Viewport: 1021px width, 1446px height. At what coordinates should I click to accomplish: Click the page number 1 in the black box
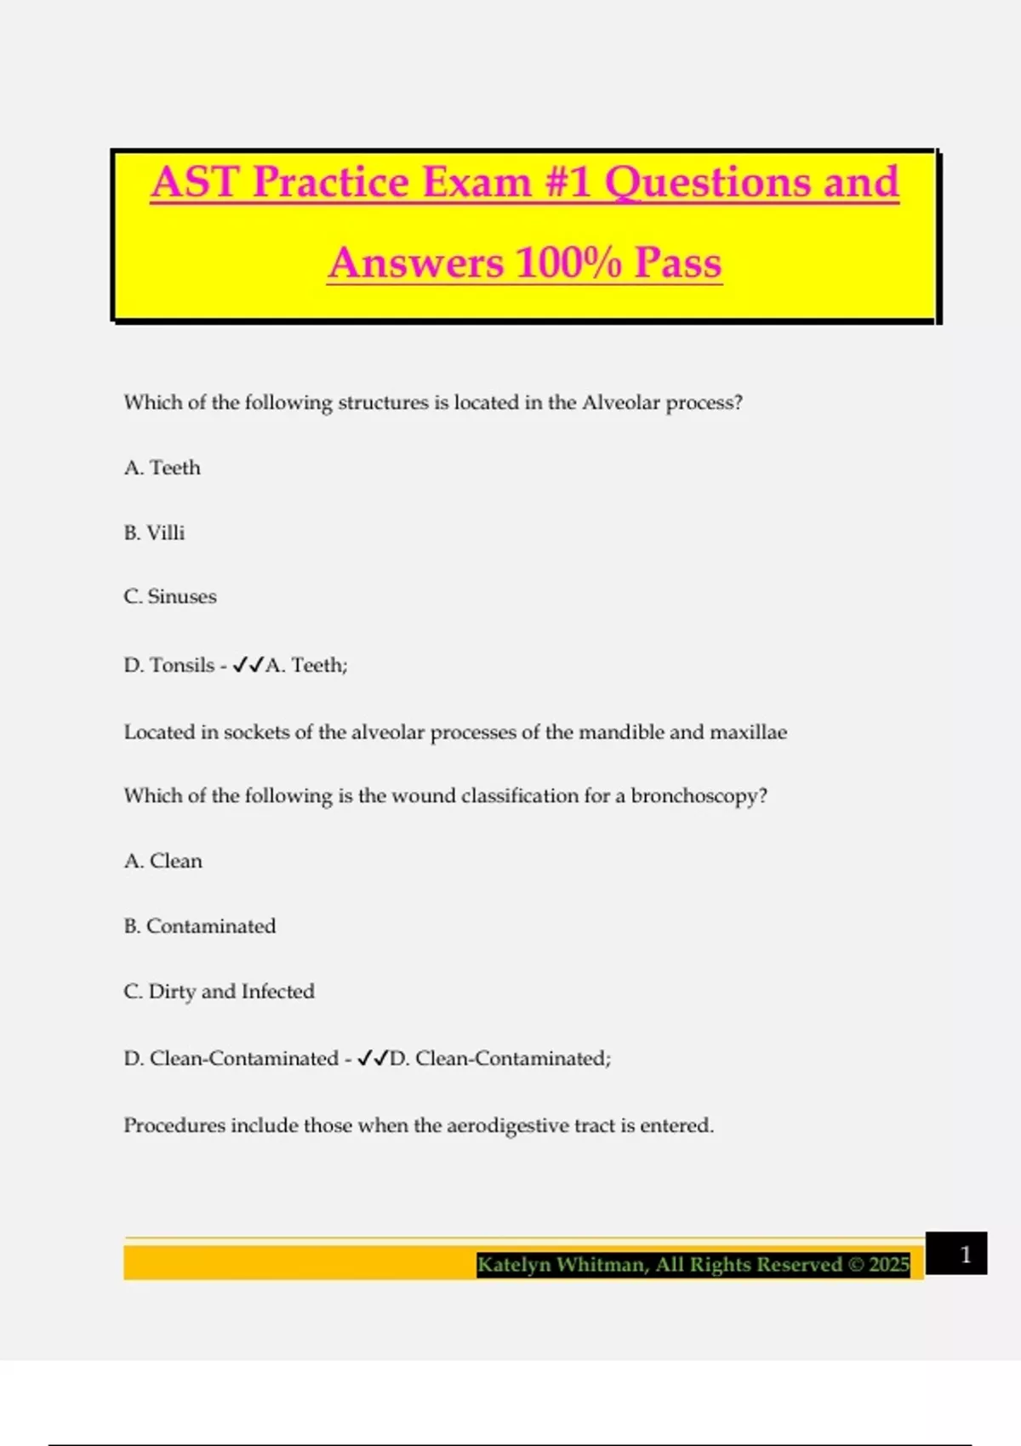[965, 1255]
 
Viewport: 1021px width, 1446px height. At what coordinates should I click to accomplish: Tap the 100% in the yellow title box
[568, 262]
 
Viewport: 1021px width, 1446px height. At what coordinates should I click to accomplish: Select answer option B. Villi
[154, 532]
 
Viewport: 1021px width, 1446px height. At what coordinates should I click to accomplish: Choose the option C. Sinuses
[170, 596]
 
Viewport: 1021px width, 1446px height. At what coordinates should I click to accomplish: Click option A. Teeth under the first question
[163, 468]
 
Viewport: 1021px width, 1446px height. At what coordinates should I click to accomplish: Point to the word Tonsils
[182, 664]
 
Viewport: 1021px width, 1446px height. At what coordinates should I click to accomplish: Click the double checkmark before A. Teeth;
[248, 664]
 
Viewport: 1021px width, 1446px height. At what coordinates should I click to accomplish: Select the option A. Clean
[163, 861]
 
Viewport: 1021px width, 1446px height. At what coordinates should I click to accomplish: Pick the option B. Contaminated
[200, 925]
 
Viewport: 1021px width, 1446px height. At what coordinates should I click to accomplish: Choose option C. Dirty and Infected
[220, 991]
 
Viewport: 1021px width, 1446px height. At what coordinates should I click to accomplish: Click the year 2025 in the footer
[889, 1265]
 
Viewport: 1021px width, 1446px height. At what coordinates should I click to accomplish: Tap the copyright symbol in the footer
[856, 1265]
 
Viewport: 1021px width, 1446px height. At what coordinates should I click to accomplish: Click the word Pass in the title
[678, 262]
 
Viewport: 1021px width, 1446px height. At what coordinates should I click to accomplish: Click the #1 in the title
[568, 182]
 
